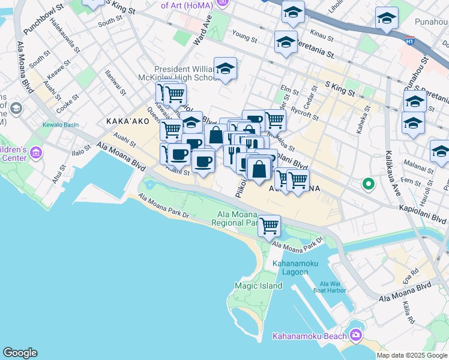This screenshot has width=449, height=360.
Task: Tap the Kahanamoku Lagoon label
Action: (290, 268)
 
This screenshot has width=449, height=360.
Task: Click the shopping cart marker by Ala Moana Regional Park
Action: (270, 226)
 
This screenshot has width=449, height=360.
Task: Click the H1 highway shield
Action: (410, 41)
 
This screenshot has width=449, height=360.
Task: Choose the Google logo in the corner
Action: (20, 352)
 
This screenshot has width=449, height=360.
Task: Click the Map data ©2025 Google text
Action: (412, 355)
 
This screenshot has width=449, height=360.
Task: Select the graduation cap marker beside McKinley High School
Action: (225, 69)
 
